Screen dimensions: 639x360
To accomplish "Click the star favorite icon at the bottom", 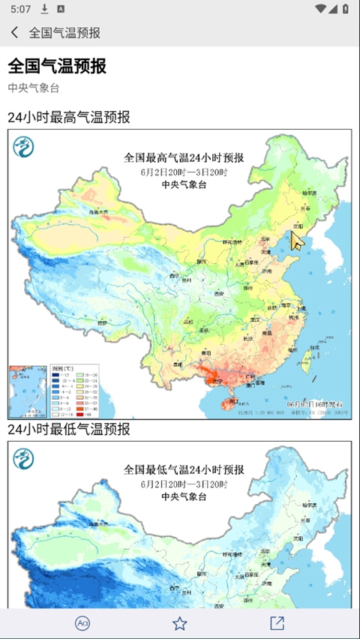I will click(179, 623).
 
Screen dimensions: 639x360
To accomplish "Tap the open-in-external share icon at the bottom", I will click(277, 623).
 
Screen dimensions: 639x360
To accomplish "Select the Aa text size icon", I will click(82, 623).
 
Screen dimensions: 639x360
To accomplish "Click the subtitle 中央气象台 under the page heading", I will click(34, 88).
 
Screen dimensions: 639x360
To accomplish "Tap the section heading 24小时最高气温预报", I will click(69, 117).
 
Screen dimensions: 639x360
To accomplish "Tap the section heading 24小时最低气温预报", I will click(69, 429).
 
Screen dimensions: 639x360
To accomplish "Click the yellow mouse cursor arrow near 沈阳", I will click(298, 239).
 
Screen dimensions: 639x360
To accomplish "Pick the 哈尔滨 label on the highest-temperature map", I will click(307, 179).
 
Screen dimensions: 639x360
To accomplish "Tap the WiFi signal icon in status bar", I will click(321, 9).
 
